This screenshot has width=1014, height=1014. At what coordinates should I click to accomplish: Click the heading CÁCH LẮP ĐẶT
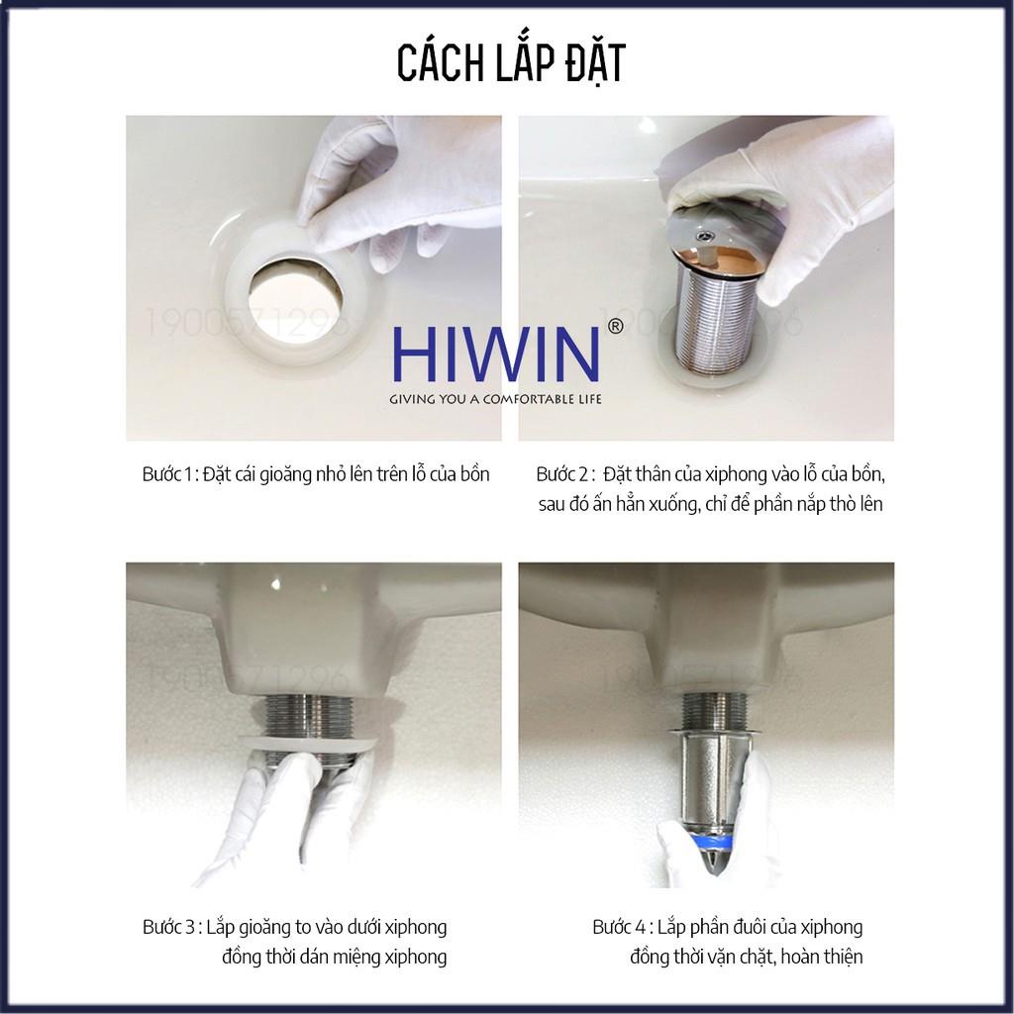click(x=511, y=61)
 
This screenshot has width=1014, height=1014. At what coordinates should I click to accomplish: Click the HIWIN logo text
click(x=495, y=354)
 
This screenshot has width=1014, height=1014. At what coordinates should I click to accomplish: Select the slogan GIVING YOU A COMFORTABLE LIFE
click(x=496, y=399)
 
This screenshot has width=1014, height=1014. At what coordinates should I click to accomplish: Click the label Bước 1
click(x=167, y=474)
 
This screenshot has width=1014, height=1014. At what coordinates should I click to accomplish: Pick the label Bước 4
click(x=620, y=928)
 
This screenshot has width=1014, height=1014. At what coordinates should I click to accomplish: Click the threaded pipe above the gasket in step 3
click(x=304, y=712)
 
